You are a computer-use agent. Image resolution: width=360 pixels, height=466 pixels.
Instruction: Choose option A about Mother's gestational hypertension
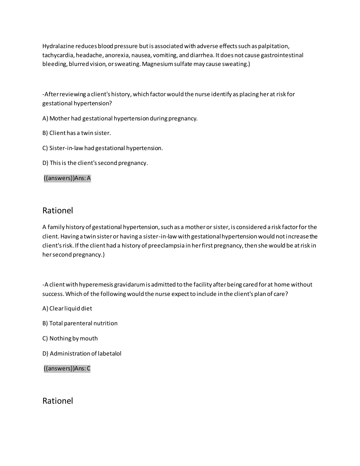[x=120, y=118]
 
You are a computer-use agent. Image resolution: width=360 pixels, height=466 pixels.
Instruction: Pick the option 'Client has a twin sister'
[x=77, y=133]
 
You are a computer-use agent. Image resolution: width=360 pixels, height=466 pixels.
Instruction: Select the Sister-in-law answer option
[x=103, y=148]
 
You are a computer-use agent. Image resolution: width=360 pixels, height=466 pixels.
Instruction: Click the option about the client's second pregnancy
[x=95, y=163]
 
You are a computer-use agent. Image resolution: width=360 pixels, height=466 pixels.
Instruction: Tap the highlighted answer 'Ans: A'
[x=67, y=178]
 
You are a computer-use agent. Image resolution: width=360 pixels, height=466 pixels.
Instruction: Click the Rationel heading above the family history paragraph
[x=57, y=211]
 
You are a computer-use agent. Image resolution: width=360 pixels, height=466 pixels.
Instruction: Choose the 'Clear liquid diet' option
[x=67, y=309]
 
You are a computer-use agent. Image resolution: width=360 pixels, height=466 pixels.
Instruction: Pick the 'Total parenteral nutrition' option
[x=80, y=323]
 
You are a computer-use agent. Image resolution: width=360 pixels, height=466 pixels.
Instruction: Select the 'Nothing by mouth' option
[x=70, y=339]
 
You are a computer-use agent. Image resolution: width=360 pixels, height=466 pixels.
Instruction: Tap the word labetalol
[x=109, y=354]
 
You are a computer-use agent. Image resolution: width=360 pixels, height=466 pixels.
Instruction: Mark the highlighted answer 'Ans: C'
[x=67, y=369]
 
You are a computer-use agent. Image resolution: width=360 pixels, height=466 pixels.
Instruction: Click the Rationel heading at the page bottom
[x=57, y=401]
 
